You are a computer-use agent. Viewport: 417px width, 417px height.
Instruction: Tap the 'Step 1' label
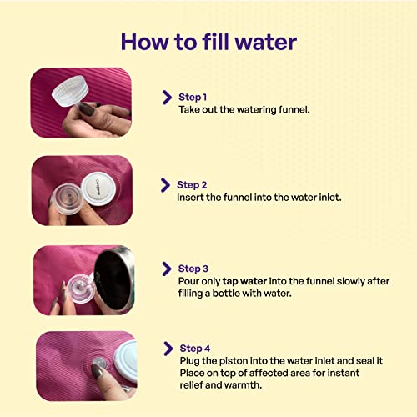click(x=194, y=97)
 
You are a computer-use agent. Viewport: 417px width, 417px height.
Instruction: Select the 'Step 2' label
click(x=193, y=184)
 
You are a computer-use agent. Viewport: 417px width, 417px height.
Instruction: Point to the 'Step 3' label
click(x=194, y=269)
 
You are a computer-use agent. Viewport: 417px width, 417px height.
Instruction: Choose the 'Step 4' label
click(x=196, y=348)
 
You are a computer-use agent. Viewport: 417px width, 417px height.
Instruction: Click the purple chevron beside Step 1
click(x=167, y=98)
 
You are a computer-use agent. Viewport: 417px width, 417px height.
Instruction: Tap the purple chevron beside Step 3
click(x=167, y=269)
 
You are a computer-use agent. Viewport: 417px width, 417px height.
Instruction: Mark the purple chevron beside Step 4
click(x=168, y=349)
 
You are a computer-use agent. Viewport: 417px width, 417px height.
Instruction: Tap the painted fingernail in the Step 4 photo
click(x=98, y=366)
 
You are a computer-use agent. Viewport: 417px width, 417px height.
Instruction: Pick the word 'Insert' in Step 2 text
click(x=191, y=198)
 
